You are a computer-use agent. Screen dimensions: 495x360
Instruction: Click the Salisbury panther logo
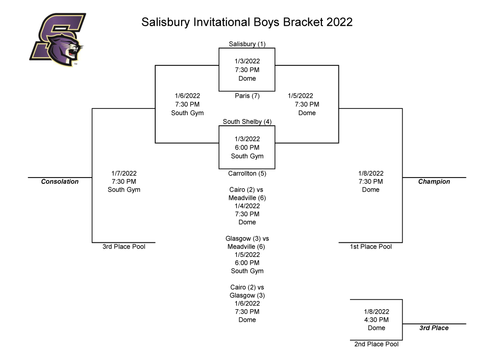coord(58,40)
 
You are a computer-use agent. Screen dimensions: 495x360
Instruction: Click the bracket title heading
coord(247,22)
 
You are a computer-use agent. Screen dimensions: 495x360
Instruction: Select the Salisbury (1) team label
coord(247,44)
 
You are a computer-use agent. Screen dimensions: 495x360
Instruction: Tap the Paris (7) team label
coord(247,96)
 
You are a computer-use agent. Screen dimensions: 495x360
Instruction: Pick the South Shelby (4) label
coord(247,121)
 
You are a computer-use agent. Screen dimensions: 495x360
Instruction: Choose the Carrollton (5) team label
coord(247,174)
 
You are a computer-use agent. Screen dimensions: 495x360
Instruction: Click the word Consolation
coord(59,181)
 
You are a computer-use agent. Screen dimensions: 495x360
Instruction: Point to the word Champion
coord(434,181)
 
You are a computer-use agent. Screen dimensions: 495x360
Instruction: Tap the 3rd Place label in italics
coord(434,328)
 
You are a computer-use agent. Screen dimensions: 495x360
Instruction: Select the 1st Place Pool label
coord(371,246)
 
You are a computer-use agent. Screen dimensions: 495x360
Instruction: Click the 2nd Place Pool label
coord(376,344)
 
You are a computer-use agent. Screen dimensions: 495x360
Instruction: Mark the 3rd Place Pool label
coord(124,246)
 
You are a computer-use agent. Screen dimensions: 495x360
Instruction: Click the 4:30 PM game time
coord(376,320)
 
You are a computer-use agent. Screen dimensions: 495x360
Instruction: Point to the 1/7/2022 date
coord(124,174)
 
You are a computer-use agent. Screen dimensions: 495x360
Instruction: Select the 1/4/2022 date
coord(247,206)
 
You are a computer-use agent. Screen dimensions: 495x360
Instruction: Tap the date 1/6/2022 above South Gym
coord(188,96)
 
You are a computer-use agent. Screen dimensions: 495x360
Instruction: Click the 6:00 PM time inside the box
coord(247,148)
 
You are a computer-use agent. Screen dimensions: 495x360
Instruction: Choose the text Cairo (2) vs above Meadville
coord(246,190)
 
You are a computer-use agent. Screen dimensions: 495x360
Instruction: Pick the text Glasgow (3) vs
coord(247,239)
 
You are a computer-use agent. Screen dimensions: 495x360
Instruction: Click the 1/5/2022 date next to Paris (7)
coord(301,96)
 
